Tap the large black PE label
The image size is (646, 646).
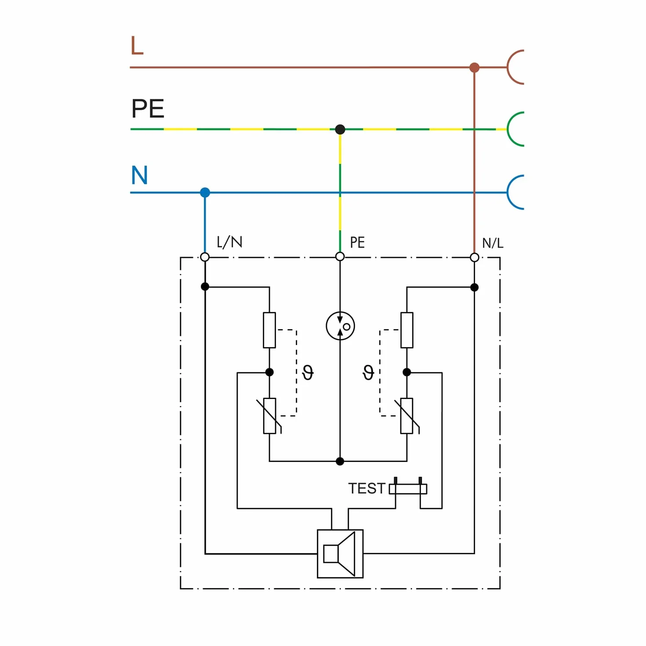coord(148,108)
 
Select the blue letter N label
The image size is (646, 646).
coord(139,175)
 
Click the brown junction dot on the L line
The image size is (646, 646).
coord(474,67)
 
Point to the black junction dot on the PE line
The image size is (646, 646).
coord(340,129)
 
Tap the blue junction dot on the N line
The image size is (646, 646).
coord(205,192)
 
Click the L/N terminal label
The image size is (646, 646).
coord(229,242)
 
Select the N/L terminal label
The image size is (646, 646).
coord(493,243)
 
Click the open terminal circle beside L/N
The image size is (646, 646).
coord(205,257)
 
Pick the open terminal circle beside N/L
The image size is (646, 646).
coord(474,258)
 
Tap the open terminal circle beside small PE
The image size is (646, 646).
coord(340,257)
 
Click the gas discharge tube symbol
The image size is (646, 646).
coord(340,326)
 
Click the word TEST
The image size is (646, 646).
coord(367,488)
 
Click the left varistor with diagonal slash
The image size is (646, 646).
coord(269,416)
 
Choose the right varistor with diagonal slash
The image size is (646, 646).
coord(406,416)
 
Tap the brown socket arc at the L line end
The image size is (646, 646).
coord(508,67)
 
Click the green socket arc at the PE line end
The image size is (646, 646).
coord(508,129)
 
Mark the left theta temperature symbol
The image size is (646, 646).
coord(308,373)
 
